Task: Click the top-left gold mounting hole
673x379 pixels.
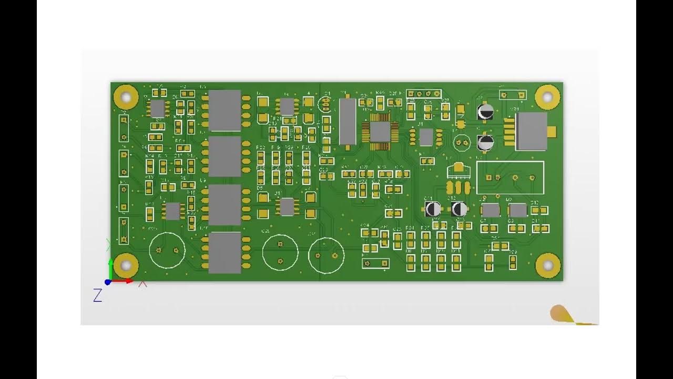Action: point(126,97)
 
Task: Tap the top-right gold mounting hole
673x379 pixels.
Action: point(547,97)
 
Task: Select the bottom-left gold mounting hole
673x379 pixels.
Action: point(126,266)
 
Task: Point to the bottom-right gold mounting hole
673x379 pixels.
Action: point(547,266)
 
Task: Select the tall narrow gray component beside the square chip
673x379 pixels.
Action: point(348,121)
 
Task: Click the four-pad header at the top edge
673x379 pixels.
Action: point(423,94)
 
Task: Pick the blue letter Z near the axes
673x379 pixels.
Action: point(97,296)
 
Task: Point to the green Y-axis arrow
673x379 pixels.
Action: point(110,268)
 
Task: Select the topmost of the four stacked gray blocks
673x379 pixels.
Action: point(225,111)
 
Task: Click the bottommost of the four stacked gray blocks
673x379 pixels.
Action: point(225,253)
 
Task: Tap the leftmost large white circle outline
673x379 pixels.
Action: point(167,251)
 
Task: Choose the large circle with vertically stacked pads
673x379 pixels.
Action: point(280,252)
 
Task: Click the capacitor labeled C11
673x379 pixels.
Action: point(433,209)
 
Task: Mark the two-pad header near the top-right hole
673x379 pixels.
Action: point(512,95)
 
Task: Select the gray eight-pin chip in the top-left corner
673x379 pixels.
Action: point(157,108)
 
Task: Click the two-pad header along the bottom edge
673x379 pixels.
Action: point(376,263)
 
